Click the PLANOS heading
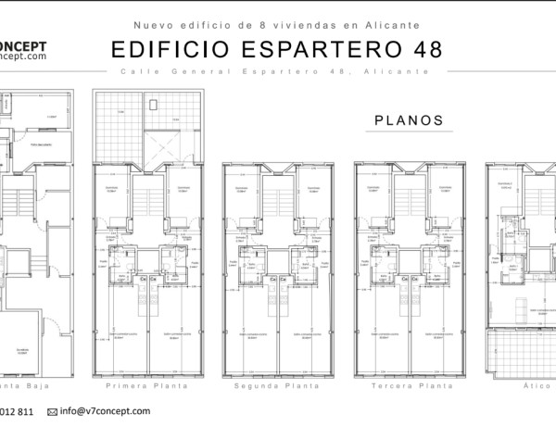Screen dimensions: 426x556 point(408,120)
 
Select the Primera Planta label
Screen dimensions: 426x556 point(148,384)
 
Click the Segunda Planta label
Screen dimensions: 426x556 point(276,384)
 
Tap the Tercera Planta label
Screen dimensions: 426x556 point(408,384)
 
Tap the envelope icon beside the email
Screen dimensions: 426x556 point(52,411)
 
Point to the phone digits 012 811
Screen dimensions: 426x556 point(19,411)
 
